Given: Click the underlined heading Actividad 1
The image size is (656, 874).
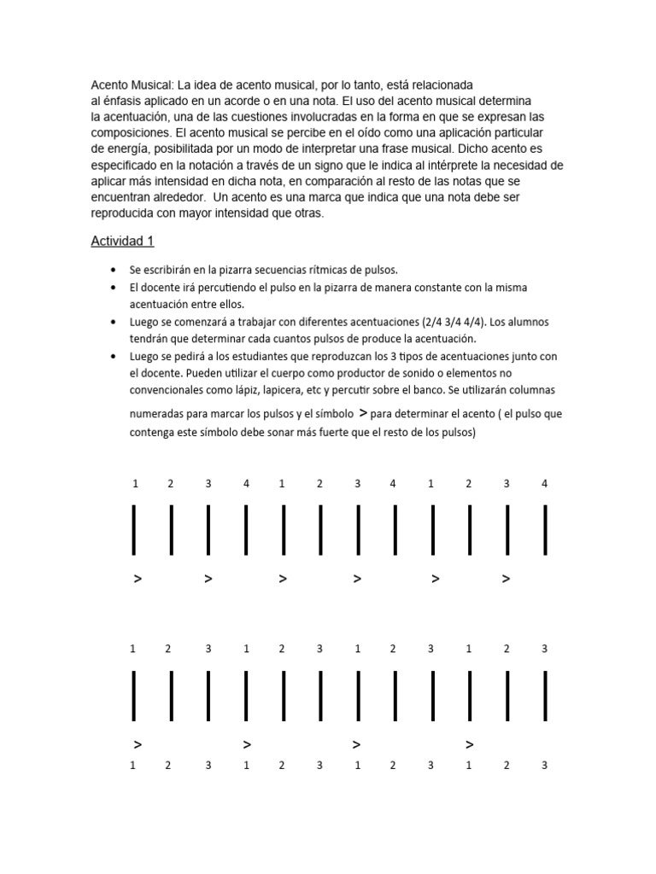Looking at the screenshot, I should [x=122, y=242].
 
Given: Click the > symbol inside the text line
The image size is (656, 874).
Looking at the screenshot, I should [x=364, y=413].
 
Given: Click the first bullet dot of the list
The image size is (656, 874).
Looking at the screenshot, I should [x=114, y=271].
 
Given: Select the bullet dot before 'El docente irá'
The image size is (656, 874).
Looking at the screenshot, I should [x=114, y=288].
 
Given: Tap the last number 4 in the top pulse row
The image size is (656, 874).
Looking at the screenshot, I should [x=544, y=484].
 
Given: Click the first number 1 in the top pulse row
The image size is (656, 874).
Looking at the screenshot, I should [x=135, y=484].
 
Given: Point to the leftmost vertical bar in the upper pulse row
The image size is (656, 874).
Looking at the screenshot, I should [x=135, y=529].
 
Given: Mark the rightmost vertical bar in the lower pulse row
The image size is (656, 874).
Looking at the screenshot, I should [x=544, y=695].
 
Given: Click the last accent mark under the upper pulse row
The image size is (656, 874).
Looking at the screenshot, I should [x=506, y=580].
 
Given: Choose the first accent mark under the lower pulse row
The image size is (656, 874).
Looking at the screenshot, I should [x=138, y=745].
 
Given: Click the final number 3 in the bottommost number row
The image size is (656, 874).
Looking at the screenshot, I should [x=544, y=766].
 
